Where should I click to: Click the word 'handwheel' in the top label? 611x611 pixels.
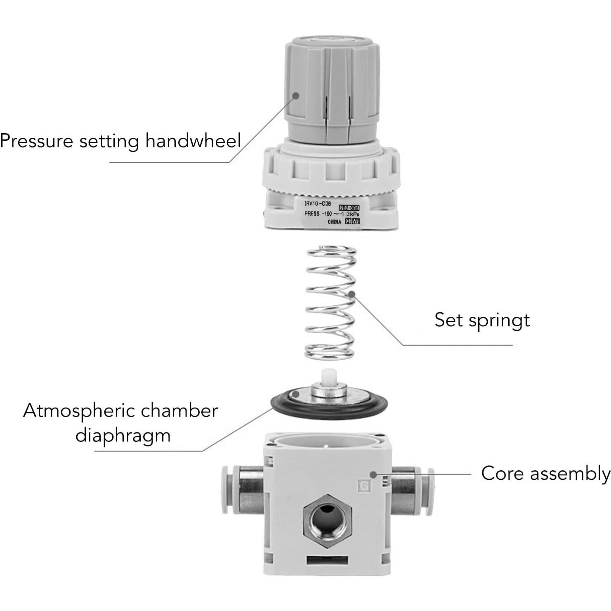(193, 141)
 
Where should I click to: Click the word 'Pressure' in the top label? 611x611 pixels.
(36, 141)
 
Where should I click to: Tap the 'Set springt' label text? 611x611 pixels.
(481, 321)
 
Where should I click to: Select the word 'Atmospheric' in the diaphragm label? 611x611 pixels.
(78, 411)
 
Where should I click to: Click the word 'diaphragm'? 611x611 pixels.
(123, 436)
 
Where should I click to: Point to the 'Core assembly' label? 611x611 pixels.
(545, 473)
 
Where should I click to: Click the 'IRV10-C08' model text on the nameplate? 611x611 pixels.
(317, 204)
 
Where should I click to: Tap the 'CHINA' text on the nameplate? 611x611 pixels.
(335, 222)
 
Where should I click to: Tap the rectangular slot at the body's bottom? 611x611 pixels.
(327, 560)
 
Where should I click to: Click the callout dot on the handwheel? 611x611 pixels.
(296, 95)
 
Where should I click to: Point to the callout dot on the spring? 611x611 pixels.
(352, 294)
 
